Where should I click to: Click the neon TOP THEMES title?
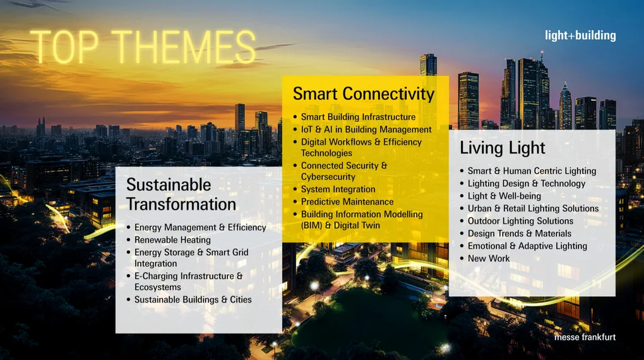(143, 47)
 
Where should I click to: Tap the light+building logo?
(580, 36)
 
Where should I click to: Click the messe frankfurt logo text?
(585, 337)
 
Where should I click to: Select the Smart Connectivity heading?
(364, 94)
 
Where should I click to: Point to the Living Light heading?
(503, 148)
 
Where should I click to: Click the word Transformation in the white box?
(181, 204)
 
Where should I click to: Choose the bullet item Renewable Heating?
(172, 240)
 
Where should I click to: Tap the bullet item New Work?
(488, 258)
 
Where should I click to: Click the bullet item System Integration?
(338, 189)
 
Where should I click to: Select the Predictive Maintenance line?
(347, 201)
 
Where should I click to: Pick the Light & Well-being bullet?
(504, 196)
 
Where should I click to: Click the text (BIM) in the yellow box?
(312, 225)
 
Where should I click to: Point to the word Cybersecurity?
(328, 177)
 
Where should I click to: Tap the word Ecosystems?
(158, 287)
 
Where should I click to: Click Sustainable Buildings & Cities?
(193, 300)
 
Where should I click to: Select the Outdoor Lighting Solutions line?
(520, 221)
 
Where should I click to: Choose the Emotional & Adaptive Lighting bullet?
(527, 246)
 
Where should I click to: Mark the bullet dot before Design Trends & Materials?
(462, 234)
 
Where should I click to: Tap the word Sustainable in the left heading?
(169, 185)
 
